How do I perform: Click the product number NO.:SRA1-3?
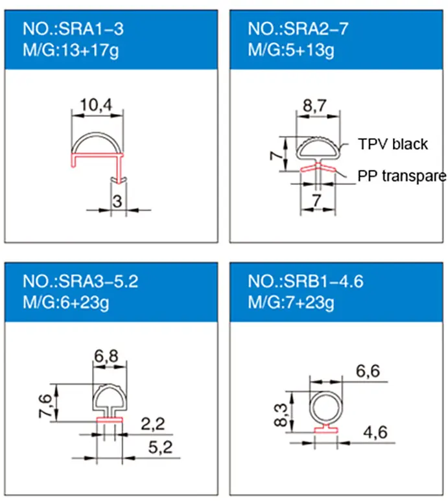tap(73, 29)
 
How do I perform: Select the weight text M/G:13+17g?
tap(71, 50)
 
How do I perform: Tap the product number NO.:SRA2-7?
tap(298, 29)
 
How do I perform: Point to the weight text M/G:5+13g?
tap(291, 50)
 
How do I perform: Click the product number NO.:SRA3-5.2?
tap(80, 281)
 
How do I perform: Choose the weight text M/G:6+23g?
tap(66, 302)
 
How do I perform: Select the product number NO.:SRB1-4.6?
tap(305, 281)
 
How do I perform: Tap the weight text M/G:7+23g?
tap(291, 302)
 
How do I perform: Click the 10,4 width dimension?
tap(96, 105)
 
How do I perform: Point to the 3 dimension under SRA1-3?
tap(117, 202)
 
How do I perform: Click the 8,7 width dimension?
tap(314, 106)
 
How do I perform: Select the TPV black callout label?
tap(393, 144)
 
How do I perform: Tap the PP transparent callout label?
tap(402, 176)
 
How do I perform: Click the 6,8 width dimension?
tap(106, 356)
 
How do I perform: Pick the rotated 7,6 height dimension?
tap(45, 406)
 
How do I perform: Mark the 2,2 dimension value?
tap(153, 424)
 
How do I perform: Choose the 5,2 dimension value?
tap(160, 447)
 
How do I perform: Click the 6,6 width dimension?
tap(368, 371)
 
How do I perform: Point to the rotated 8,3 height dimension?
tap(281, 415)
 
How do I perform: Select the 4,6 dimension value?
tap(375, 432)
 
